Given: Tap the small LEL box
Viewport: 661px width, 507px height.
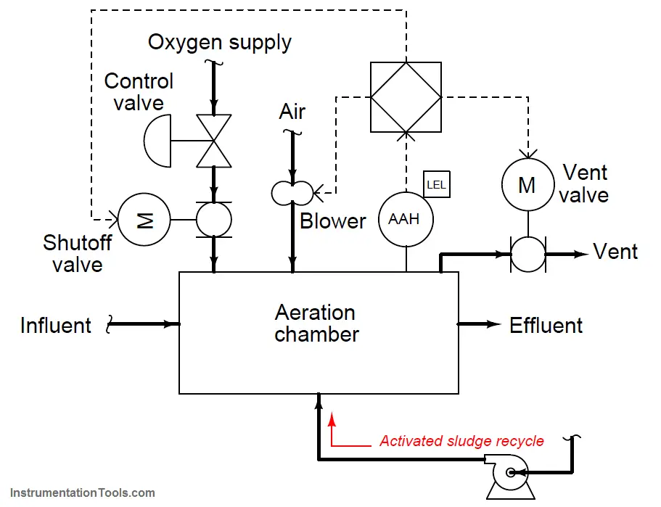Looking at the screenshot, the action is click(x=436, y=184).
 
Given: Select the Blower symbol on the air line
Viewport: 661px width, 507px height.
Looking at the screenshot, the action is click(x=292, y=193).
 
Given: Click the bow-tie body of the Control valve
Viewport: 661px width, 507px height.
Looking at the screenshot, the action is click(x=214, y=141).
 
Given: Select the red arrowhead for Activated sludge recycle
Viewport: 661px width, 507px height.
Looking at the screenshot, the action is click(x=332, y=419).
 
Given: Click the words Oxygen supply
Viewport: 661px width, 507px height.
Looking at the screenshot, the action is click(x=220, y=43).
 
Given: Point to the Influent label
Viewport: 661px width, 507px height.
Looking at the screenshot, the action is click(x=56, y=326).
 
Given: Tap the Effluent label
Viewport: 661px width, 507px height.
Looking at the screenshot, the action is click(x=546, y=326).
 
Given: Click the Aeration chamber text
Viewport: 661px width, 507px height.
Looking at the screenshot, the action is click(x=316, y=323).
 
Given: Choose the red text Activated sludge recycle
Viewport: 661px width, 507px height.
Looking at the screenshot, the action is click(x=461, y=441).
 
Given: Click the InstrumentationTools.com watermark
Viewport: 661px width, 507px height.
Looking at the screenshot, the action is click(x=83, y=492).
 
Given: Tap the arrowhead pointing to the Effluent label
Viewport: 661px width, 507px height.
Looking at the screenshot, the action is click(x=493, y=324).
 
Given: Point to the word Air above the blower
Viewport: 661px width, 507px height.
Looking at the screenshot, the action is click(x=292, y=112).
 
